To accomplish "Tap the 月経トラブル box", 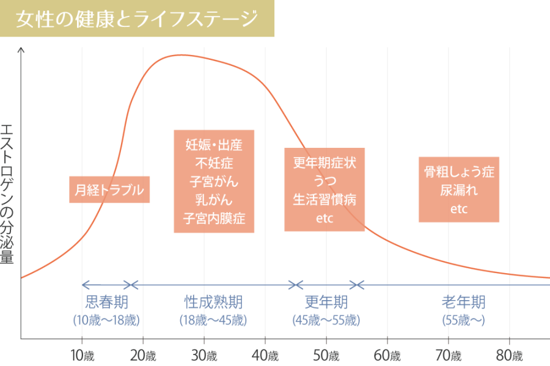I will tap(109, 190).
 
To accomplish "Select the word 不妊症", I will tap(214, 163).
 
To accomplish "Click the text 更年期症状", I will tap(324, 163).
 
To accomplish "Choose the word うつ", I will tap(324, 181).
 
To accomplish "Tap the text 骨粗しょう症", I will tap(459, 172).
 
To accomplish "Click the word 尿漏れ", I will tap(459, 190).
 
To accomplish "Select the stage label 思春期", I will tap(107, 302).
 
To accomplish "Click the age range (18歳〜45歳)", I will tap(213, 320).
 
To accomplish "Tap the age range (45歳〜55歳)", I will tap(326, 320).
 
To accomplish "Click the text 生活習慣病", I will tap(324, 200).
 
